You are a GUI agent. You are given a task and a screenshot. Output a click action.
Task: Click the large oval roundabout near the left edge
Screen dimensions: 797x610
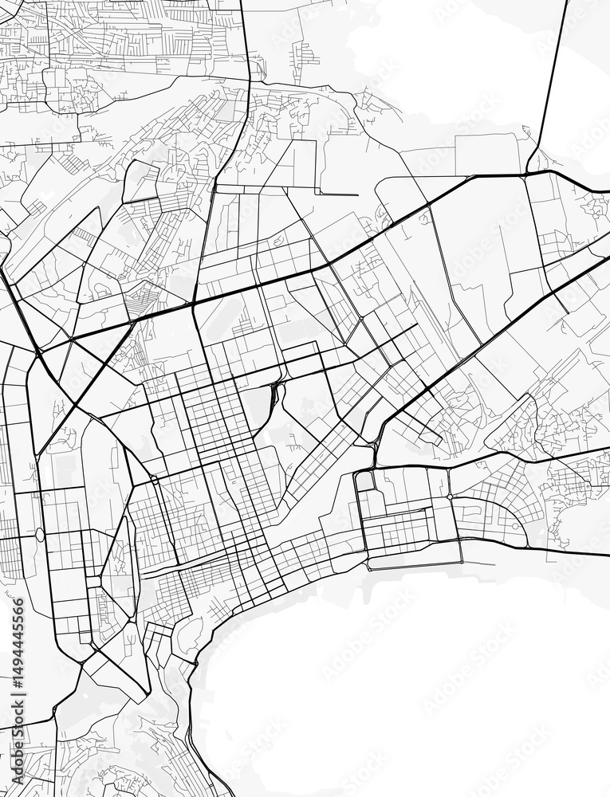click(40, 534)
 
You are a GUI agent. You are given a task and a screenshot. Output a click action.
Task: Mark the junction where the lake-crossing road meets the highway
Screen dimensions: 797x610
click(528, 172)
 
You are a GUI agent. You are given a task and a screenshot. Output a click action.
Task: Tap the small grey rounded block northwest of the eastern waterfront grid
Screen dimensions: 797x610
click(364, 481)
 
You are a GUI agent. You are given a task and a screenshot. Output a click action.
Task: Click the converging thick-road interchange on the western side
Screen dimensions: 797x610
click(38, 351)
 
